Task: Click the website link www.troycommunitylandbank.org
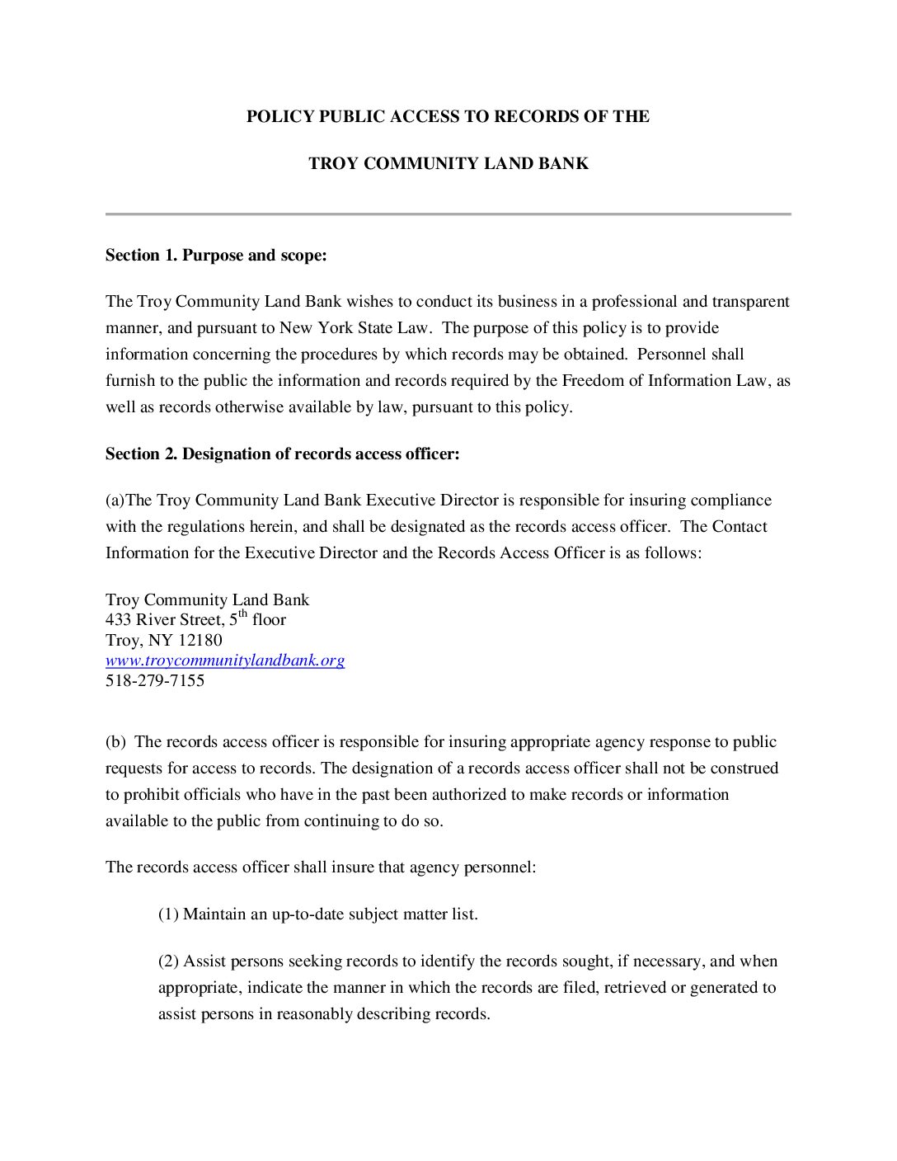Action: click(224, 660)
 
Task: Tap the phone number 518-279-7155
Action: click(155, 681)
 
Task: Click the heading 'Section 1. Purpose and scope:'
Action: click(216, 256)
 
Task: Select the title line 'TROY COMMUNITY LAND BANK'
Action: click(448, 163)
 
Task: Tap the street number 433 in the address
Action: click(118, 620)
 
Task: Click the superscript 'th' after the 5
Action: click(242, 614)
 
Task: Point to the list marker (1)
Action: click(168, 914)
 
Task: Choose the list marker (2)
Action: click(168, 961)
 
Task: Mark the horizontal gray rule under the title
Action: click(448, 214)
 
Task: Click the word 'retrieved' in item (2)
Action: click(635, 988)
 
